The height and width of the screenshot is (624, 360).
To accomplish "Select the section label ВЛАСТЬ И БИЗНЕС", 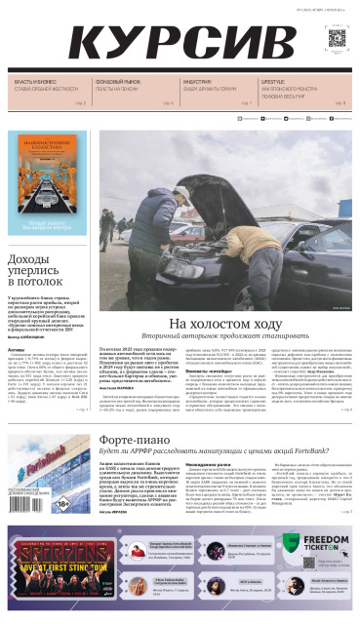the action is click(35, 83).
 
